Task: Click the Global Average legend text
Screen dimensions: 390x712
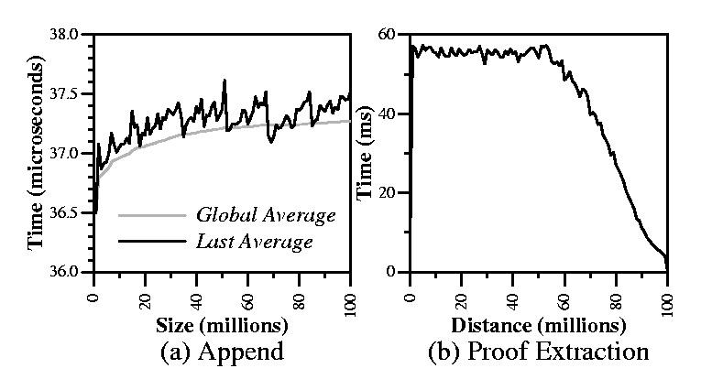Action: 267,217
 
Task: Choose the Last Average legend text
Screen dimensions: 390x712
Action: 256,243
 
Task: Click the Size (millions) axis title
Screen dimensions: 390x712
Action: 221,323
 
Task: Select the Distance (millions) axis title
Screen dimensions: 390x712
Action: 540,323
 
